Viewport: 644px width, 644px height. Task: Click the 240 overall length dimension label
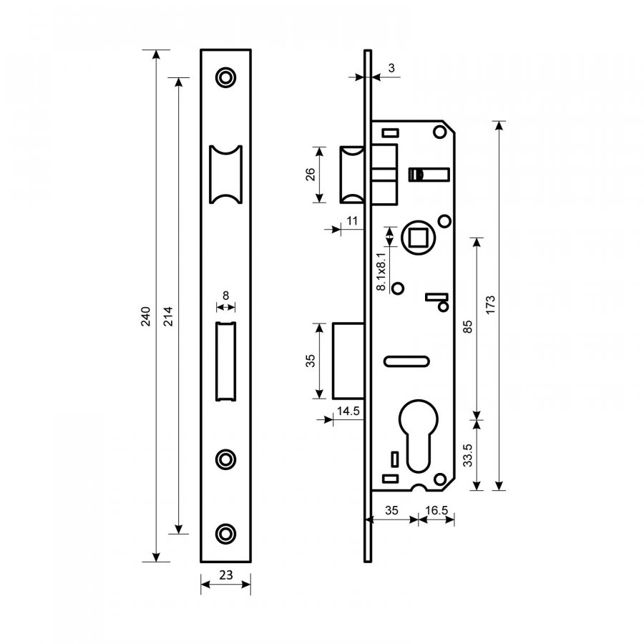pos(146,316)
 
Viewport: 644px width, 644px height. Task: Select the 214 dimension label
pos(168,316)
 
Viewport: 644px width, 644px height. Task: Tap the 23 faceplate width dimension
pos(226,575)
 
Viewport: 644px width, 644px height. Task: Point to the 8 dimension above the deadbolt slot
pos(225,296)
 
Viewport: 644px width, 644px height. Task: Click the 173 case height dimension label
pos(490,305)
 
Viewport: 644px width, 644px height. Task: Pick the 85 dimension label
pos(468,327)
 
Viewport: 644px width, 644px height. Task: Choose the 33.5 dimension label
pos(468,456)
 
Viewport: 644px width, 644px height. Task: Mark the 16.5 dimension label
pos(436,510)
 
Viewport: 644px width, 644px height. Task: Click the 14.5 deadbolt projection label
pos(348,411)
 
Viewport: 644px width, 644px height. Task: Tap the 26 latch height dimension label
pos(311,175)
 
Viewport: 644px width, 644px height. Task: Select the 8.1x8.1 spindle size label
pos(381,272)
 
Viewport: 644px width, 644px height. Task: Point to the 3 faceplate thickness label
pos(391,68)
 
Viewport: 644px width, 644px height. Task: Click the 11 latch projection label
pos(352,221)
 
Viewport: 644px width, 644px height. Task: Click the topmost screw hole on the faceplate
pos(225,77)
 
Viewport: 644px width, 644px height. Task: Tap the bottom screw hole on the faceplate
pos(225,534)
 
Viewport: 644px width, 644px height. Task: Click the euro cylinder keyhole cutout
pos(418,435)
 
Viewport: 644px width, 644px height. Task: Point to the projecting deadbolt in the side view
pos(348,361)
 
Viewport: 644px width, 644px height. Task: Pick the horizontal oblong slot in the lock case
pos(406,361)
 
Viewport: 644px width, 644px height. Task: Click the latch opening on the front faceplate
pos(225,174)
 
